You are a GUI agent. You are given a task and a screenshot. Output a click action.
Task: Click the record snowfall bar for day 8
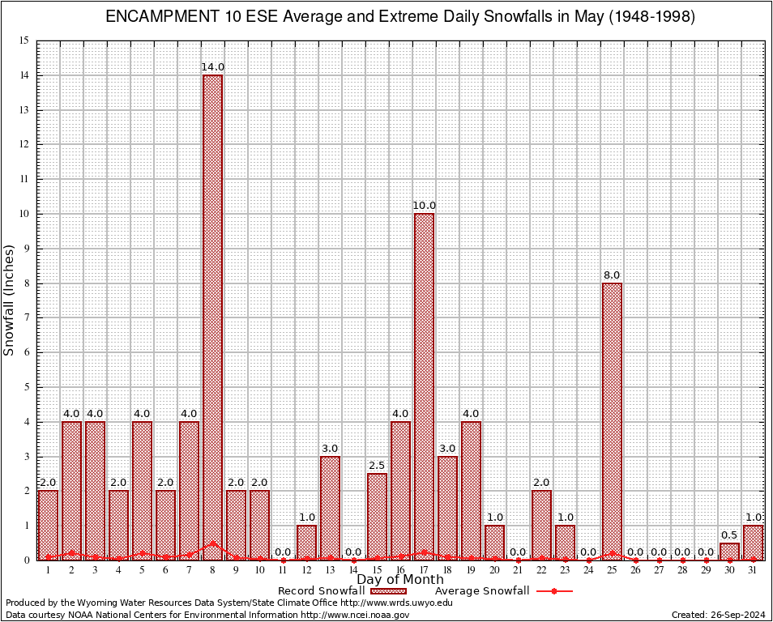212,316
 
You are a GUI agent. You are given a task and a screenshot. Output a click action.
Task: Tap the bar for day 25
612,421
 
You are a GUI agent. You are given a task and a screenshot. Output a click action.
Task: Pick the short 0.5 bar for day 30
729,552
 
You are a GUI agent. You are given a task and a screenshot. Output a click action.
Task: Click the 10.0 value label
424,206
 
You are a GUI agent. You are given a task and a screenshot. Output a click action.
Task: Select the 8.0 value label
612,275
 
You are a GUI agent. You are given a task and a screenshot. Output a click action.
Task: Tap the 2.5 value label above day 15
377,466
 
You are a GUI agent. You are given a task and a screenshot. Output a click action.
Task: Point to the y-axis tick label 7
26,318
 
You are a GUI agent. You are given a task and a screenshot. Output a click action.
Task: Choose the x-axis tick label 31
753,570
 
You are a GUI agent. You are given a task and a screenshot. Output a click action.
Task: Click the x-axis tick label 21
518,570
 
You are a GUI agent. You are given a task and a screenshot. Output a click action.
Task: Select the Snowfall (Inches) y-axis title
10,300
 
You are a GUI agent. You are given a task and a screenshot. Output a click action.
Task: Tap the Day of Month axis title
400,580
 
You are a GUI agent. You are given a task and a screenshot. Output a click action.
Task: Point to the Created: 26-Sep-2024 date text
719,615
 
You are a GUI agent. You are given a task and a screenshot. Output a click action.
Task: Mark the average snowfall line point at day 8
212,544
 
